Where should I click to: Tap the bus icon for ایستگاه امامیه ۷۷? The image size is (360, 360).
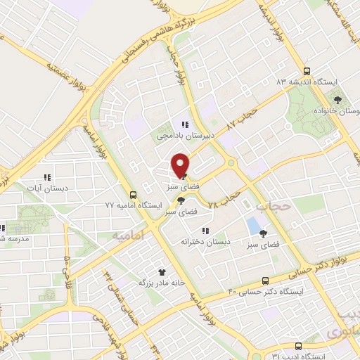pos(134,195)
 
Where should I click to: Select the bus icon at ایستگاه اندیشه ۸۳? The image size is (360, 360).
pos(306,71)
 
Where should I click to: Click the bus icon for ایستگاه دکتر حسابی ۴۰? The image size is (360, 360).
pos(264,279)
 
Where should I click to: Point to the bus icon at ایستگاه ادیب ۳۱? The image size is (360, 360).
pos(298,346)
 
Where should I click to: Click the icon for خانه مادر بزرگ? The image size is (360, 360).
pos(162,271)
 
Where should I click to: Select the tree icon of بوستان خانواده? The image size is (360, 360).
pos(337,100)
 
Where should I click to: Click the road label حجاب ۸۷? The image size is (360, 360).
pos(245,117)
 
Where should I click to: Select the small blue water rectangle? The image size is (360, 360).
pos(252,226)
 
